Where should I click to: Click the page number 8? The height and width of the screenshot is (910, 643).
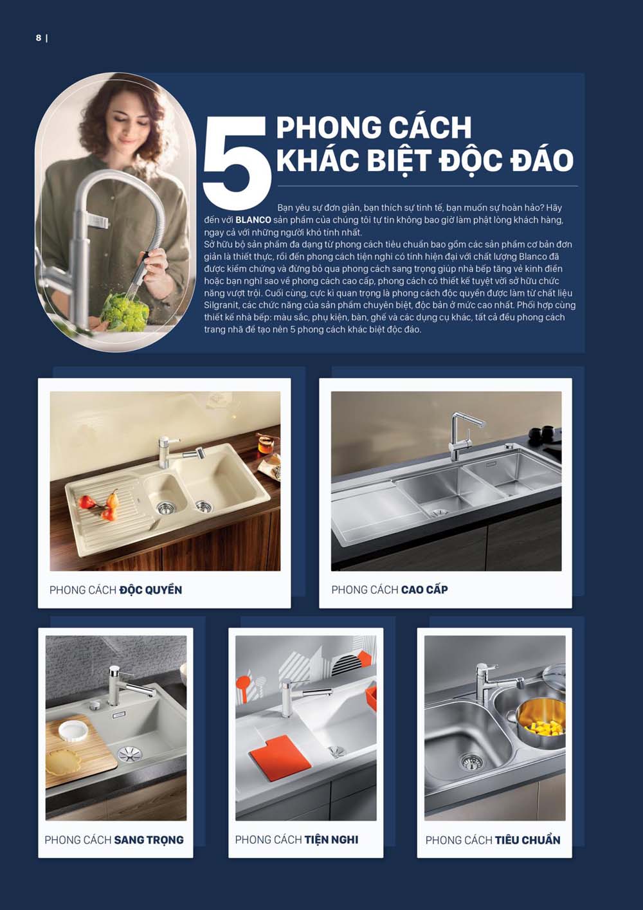point(39,38)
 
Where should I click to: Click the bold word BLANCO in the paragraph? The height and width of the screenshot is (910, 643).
point(253,220)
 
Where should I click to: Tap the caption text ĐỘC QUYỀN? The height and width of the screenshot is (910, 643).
point(150,590)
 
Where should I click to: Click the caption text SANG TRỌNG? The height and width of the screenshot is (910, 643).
point(149,840)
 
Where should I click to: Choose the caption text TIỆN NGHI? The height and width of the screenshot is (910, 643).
point(331,840)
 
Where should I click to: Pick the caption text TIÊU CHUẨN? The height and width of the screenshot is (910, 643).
point(527,840)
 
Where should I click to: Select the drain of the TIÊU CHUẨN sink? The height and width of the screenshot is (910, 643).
point(471,762)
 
